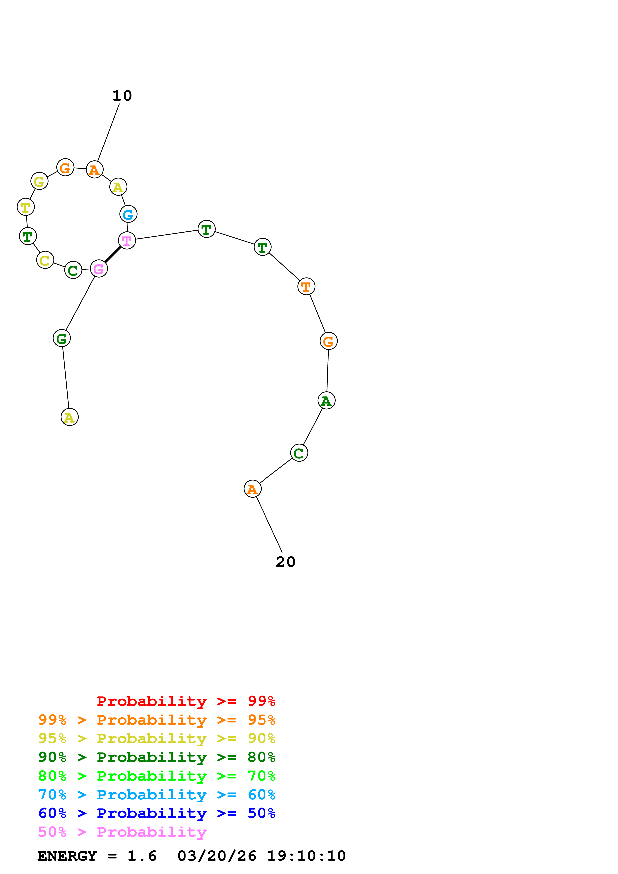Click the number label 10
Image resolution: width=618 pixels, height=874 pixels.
point(122,95)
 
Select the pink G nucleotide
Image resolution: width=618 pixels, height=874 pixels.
point(99,269)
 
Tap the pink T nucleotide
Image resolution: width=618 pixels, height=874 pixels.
point(127,241)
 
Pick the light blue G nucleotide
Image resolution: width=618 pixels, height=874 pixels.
point(128,214)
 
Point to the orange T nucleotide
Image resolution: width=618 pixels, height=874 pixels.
point(306,287)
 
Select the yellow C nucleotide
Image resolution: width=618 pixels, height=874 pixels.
point(45,260)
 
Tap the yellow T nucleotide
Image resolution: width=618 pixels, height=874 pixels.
point(26,207)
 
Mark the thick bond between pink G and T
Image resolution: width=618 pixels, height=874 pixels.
point(113,255)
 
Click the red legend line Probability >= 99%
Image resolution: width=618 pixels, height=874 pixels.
point(186,701)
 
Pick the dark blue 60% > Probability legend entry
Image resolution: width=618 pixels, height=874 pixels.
point(157,813)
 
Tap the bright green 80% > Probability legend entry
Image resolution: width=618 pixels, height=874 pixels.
point(157,776)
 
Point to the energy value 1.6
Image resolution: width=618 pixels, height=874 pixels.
point(142,856)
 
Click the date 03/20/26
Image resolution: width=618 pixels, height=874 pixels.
point(217,856)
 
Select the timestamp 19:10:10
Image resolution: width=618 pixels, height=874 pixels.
point(306,856)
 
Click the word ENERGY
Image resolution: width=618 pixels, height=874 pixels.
point(67,856)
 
